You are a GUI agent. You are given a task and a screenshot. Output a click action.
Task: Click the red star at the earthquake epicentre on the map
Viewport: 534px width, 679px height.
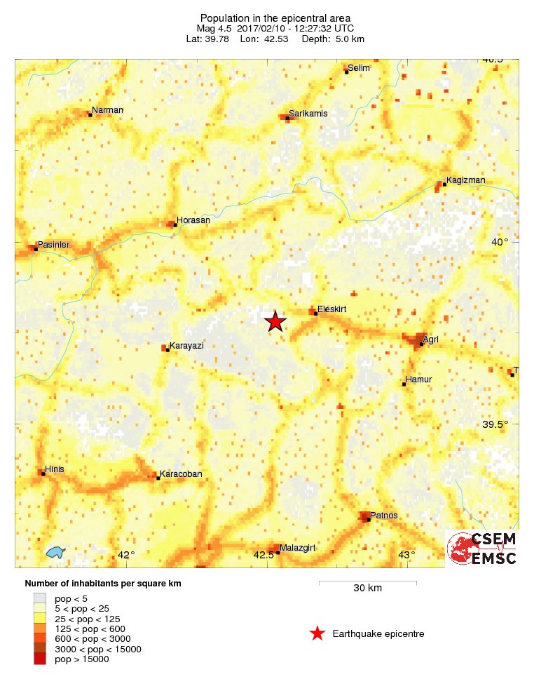point(275,321)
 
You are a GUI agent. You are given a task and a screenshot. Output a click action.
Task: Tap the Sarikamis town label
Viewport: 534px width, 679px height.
point(308,113)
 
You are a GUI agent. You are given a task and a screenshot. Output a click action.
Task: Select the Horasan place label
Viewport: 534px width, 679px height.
point(193,220)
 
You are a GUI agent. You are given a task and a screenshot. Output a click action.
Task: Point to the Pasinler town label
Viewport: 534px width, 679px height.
point(54,243)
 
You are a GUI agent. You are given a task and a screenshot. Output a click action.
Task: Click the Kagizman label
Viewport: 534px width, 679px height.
point(465,180)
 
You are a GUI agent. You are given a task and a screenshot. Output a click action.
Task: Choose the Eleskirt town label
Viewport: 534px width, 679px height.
point(332,308)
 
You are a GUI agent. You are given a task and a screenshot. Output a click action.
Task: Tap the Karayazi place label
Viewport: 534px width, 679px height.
point(186,346)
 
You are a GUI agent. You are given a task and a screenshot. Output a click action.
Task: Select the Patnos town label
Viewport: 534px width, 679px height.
point(383,516)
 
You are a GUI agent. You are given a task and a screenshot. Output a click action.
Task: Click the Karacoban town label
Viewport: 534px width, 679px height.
point(181,474)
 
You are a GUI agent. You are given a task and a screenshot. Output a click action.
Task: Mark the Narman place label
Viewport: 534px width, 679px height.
point(107,110)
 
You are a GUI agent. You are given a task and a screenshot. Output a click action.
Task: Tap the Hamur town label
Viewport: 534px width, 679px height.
point(419,379)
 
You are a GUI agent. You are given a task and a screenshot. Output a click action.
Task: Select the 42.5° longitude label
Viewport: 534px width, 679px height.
point(264,556)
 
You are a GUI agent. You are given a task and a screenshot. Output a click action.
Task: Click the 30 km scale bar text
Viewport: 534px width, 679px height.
point(367,589)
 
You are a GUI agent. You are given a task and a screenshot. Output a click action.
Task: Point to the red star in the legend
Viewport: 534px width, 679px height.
point(317,634)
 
